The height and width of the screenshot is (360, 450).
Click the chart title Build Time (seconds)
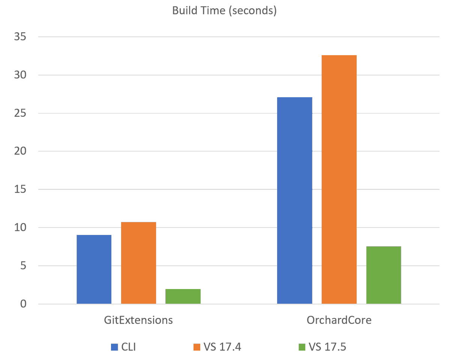(224, 11)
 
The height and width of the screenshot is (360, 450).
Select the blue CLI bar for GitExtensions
(94, 269)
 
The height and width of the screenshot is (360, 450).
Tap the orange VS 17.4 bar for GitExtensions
(138, 263)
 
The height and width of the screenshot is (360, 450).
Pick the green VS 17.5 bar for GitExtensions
(183, 296)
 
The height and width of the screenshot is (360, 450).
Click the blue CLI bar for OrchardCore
(294, 200)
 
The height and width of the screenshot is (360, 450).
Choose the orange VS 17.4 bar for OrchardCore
(339, 179)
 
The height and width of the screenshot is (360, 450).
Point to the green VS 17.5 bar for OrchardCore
(384, 275)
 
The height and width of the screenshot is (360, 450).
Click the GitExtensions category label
(138, 321)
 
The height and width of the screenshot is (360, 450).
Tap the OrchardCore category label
(339, 321)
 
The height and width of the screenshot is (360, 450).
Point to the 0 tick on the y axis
(24, 304)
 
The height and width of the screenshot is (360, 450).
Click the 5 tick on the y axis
(24, 266)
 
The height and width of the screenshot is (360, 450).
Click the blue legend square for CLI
(114, 347)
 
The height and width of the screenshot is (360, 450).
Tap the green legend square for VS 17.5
(302, 347)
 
